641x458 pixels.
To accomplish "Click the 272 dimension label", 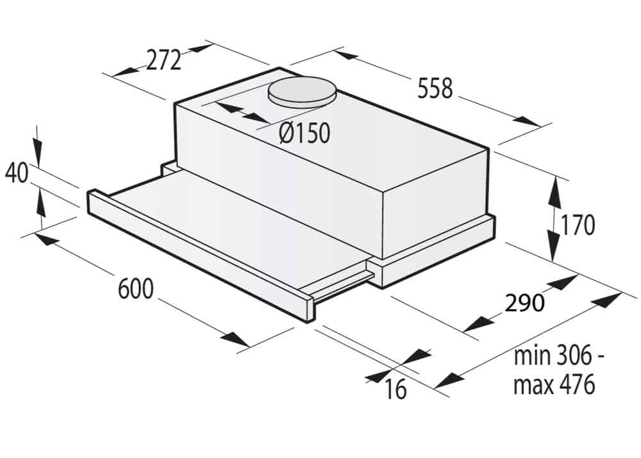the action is [x=163, y=60].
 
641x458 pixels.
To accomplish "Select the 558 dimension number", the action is [x=435, y=88].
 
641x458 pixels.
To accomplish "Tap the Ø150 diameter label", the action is [x=304, y=133].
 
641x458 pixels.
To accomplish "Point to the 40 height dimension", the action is [x=17, y=173].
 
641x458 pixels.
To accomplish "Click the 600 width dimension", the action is [x=136, y=288].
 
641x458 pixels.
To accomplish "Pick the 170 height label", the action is [x=578, y=225].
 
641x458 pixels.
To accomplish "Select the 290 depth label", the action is [x=525, y=302].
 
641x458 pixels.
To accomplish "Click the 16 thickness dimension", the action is [x=395, y=389].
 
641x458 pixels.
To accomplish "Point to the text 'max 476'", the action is [x=554, y=384].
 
